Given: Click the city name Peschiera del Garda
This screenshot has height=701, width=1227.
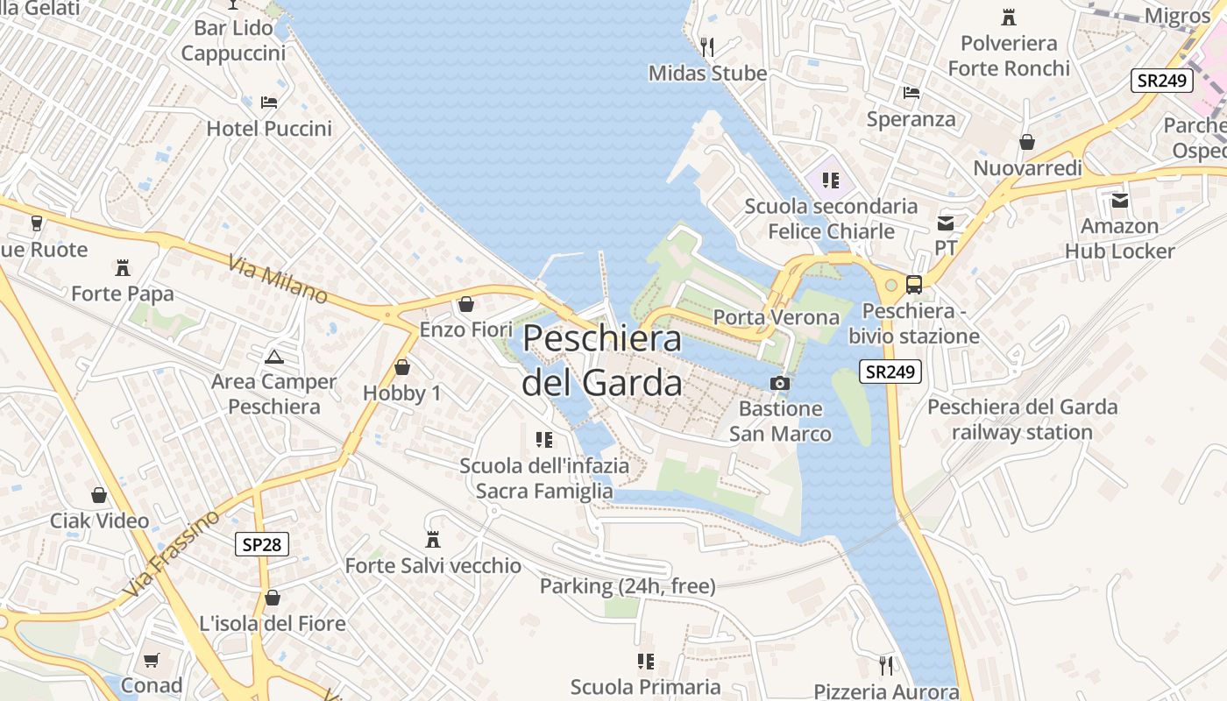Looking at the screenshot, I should (x=602, y=361).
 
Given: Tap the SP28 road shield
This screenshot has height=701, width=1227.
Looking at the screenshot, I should (x=262, y=544).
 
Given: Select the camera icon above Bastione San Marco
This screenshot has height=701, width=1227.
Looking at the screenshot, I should (x=779, y=383).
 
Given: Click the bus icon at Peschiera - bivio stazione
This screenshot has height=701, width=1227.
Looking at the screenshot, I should (x=913, y=284).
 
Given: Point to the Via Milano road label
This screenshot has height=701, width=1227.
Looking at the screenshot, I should (x=277, y=280).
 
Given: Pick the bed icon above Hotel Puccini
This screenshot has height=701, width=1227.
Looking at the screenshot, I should (x=269, y=103).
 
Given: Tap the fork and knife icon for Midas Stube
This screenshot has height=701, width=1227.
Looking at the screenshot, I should (x=707, y=46).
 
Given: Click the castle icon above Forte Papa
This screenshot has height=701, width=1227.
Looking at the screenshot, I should (x=123, y=267).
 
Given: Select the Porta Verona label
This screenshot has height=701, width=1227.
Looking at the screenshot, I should (x=777, y=317).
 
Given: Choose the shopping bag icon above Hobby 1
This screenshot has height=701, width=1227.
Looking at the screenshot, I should (x=402, y=367).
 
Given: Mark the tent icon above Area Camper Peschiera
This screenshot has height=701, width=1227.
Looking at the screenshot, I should (x=274, y=356).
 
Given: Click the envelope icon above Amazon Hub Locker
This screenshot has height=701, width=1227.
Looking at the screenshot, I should (x=1120, y=201).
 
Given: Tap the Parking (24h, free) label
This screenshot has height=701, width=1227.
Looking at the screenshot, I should (x=628, y=586).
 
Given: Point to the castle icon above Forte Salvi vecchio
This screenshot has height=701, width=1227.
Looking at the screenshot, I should (x=432, y=539).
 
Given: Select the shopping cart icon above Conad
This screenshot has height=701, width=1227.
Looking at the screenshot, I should (x=152, y=660).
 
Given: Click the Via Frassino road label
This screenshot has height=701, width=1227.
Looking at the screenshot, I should (x=172, y=554).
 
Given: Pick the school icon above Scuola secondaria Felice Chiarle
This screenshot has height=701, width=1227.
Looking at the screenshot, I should (x=831, y=181).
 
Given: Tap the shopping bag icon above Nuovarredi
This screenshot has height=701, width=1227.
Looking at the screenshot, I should (x=1027, y=141).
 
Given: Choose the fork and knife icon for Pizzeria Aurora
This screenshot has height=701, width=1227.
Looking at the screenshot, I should (x=886, y=666).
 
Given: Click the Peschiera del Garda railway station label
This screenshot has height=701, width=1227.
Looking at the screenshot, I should (x=1022, y=419).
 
